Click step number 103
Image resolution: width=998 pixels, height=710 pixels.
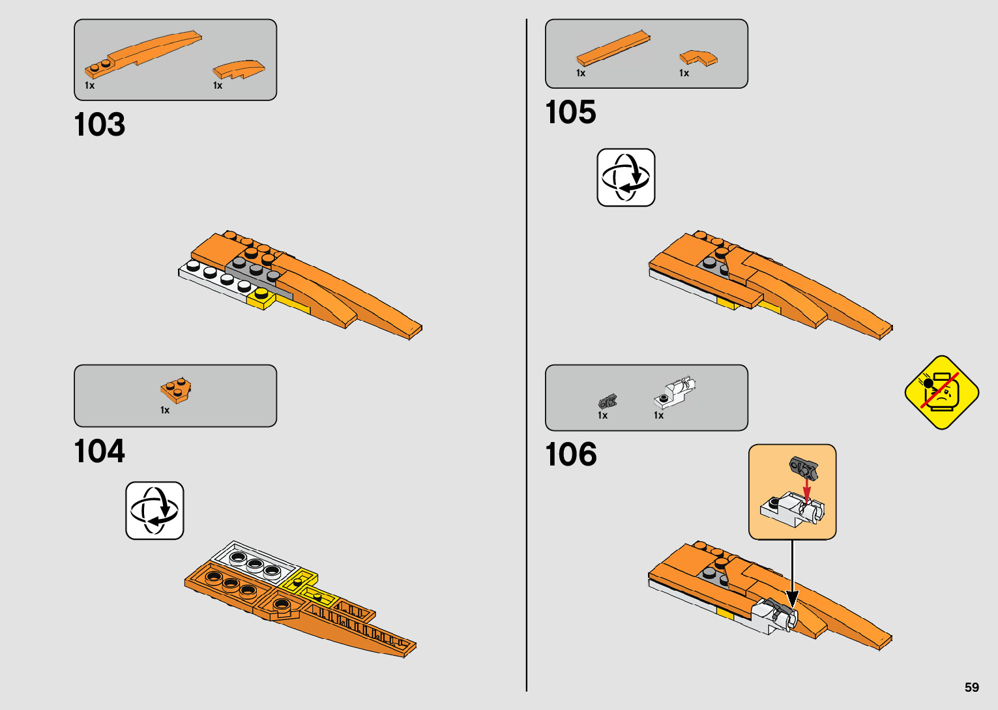99,125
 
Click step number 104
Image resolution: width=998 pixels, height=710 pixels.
99,451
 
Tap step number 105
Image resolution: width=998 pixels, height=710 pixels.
570,112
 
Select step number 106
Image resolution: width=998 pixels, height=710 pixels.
570,454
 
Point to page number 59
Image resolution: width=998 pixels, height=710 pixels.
971,687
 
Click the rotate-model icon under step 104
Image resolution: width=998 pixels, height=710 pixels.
154,510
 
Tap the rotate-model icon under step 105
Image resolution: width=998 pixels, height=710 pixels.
626,177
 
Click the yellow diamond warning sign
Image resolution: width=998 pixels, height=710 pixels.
941,392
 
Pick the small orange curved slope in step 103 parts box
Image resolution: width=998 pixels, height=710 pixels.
239,69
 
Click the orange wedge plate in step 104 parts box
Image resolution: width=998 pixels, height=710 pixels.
175,390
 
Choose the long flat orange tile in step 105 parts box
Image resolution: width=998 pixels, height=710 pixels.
613,48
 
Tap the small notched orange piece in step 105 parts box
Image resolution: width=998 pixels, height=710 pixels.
698,57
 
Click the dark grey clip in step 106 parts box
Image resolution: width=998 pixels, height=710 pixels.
608,402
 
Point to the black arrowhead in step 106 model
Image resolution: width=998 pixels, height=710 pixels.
792,598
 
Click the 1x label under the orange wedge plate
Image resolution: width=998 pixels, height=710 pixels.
165,410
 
